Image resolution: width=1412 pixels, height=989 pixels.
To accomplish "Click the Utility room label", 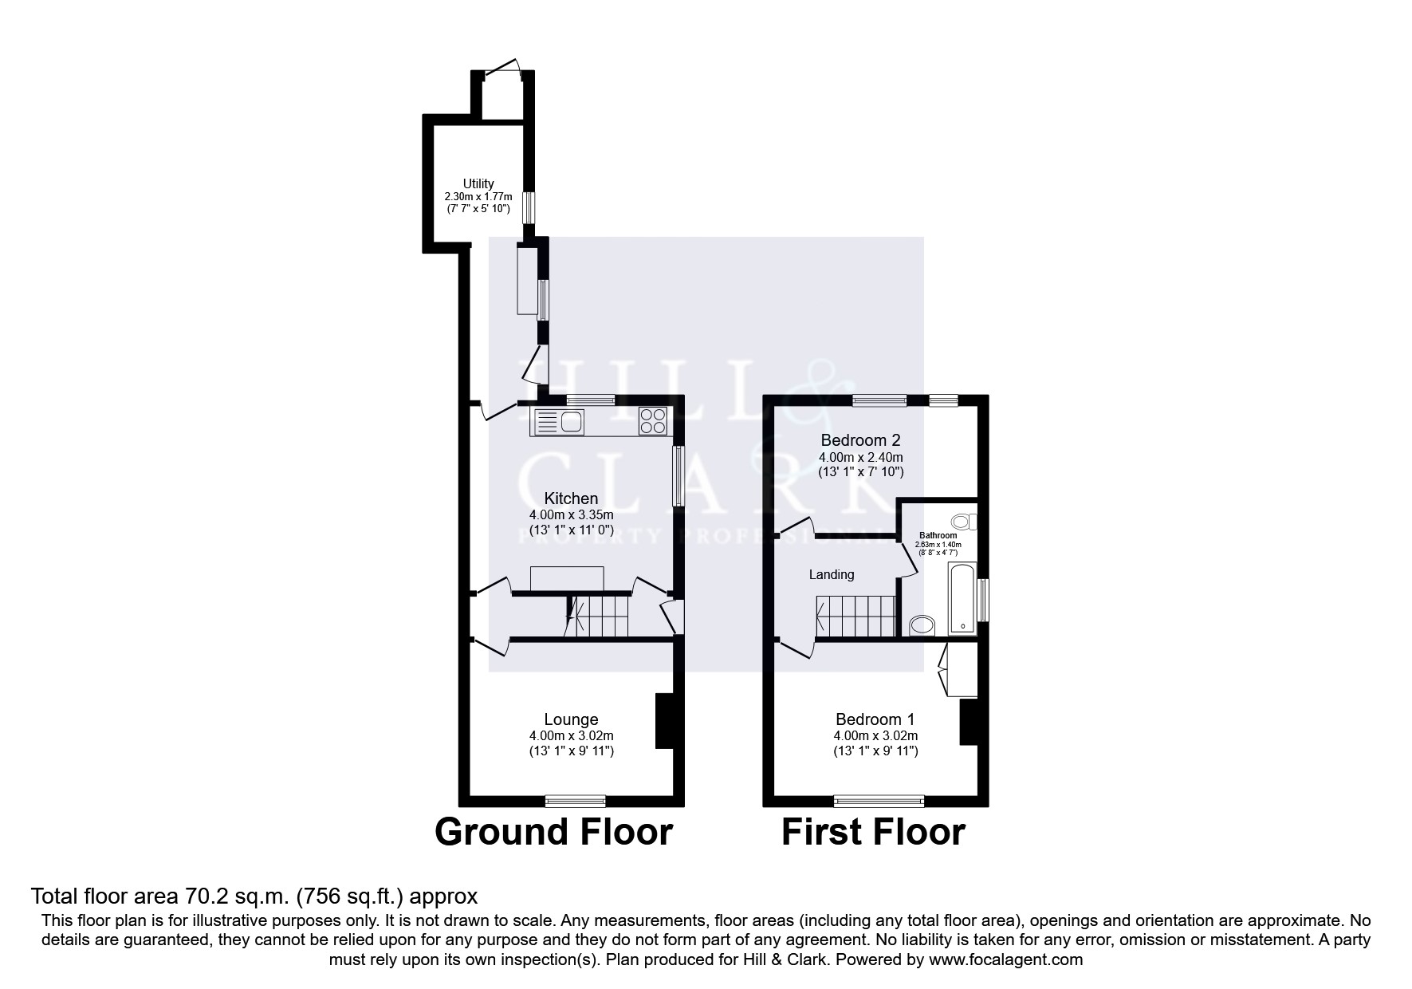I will [x=478, y=183].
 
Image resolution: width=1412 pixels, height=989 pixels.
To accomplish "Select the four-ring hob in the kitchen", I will [x=653, y=420].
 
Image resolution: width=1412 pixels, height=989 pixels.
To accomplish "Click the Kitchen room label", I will [x=571, y=498].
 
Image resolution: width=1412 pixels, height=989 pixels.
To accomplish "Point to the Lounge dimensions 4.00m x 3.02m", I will [x=571, y=735].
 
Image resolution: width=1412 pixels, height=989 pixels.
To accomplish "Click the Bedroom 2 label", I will [x=860, y=440].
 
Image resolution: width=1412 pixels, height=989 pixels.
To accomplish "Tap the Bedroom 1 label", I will [x=875, y=719].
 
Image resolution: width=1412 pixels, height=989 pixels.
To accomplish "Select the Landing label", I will [x=832, y=574].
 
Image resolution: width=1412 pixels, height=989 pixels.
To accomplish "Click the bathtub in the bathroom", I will [x=962, y=598].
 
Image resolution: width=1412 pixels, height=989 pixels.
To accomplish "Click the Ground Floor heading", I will [x=553, y=832].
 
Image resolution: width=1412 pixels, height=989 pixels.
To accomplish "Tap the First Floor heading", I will [x=873, y=832].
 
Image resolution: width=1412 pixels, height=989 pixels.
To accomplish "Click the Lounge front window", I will [x=576, y=800].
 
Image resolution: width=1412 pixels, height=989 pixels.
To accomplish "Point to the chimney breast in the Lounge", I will [x=663, y=721].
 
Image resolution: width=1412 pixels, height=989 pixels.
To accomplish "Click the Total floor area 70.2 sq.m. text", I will [x=254, y=896].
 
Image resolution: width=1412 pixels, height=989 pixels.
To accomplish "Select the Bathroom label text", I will [x=938, y=535].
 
